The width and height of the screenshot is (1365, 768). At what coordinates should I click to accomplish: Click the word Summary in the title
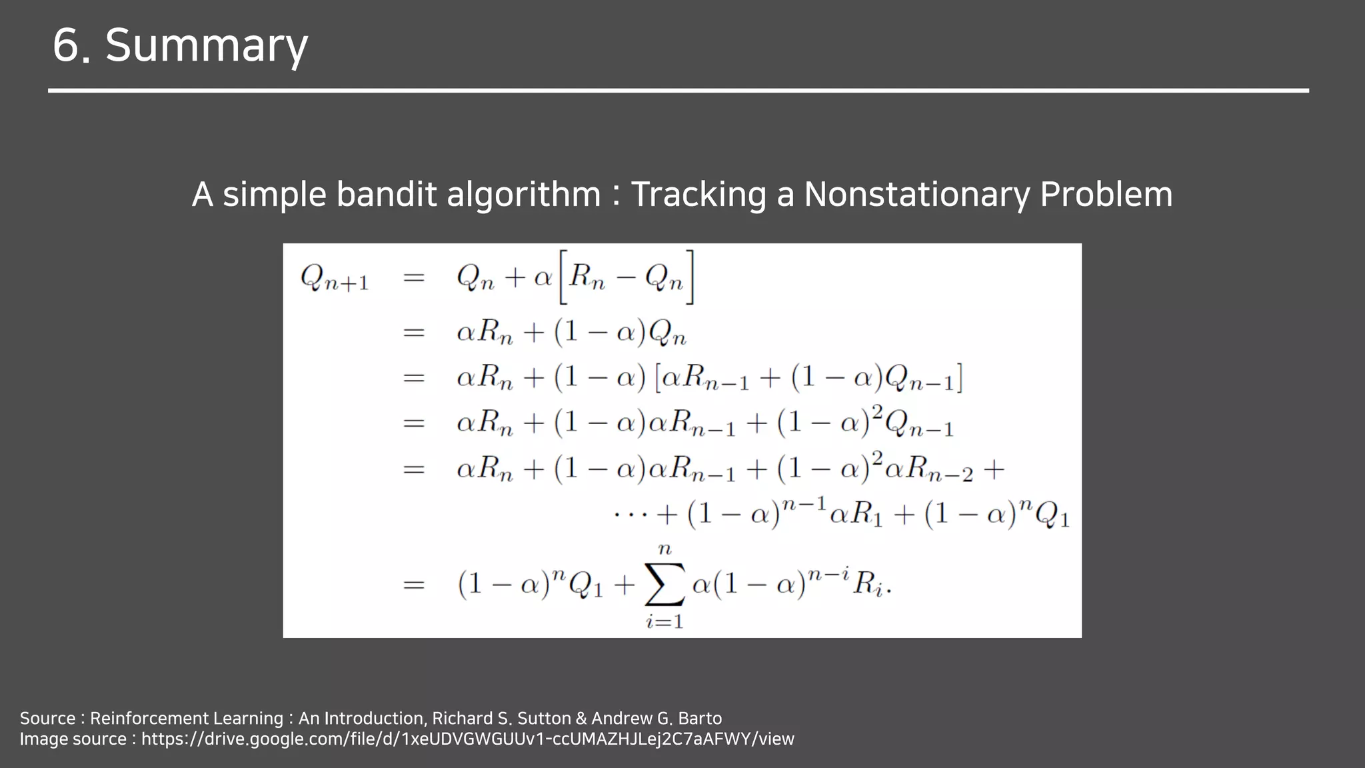pos(207,46)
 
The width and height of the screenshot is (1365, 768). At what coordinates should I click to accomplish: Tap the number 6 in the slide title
pos(67,46)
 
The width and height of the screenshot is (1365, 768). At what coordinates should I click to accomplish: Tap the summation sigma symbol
pos(665,585)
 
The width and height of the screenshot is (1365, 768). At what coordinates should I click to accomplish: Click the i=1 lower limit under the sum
pos(665,622)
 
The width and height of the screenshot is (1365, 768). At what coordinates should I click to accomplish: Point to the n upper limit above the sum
pos(665,549)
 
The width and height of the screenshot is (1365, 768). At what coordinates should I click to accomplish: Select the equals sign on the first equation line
pos(414,277)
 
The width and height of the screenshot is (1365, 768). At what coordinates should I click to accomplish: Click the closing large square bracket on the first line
pos(690,277)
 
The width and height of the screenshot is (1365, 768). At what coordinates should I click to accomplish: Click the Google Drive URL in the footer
pos(467,739)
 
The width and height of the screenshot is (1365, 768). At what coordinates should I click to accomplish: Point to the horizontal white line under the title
pos(679,90)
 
